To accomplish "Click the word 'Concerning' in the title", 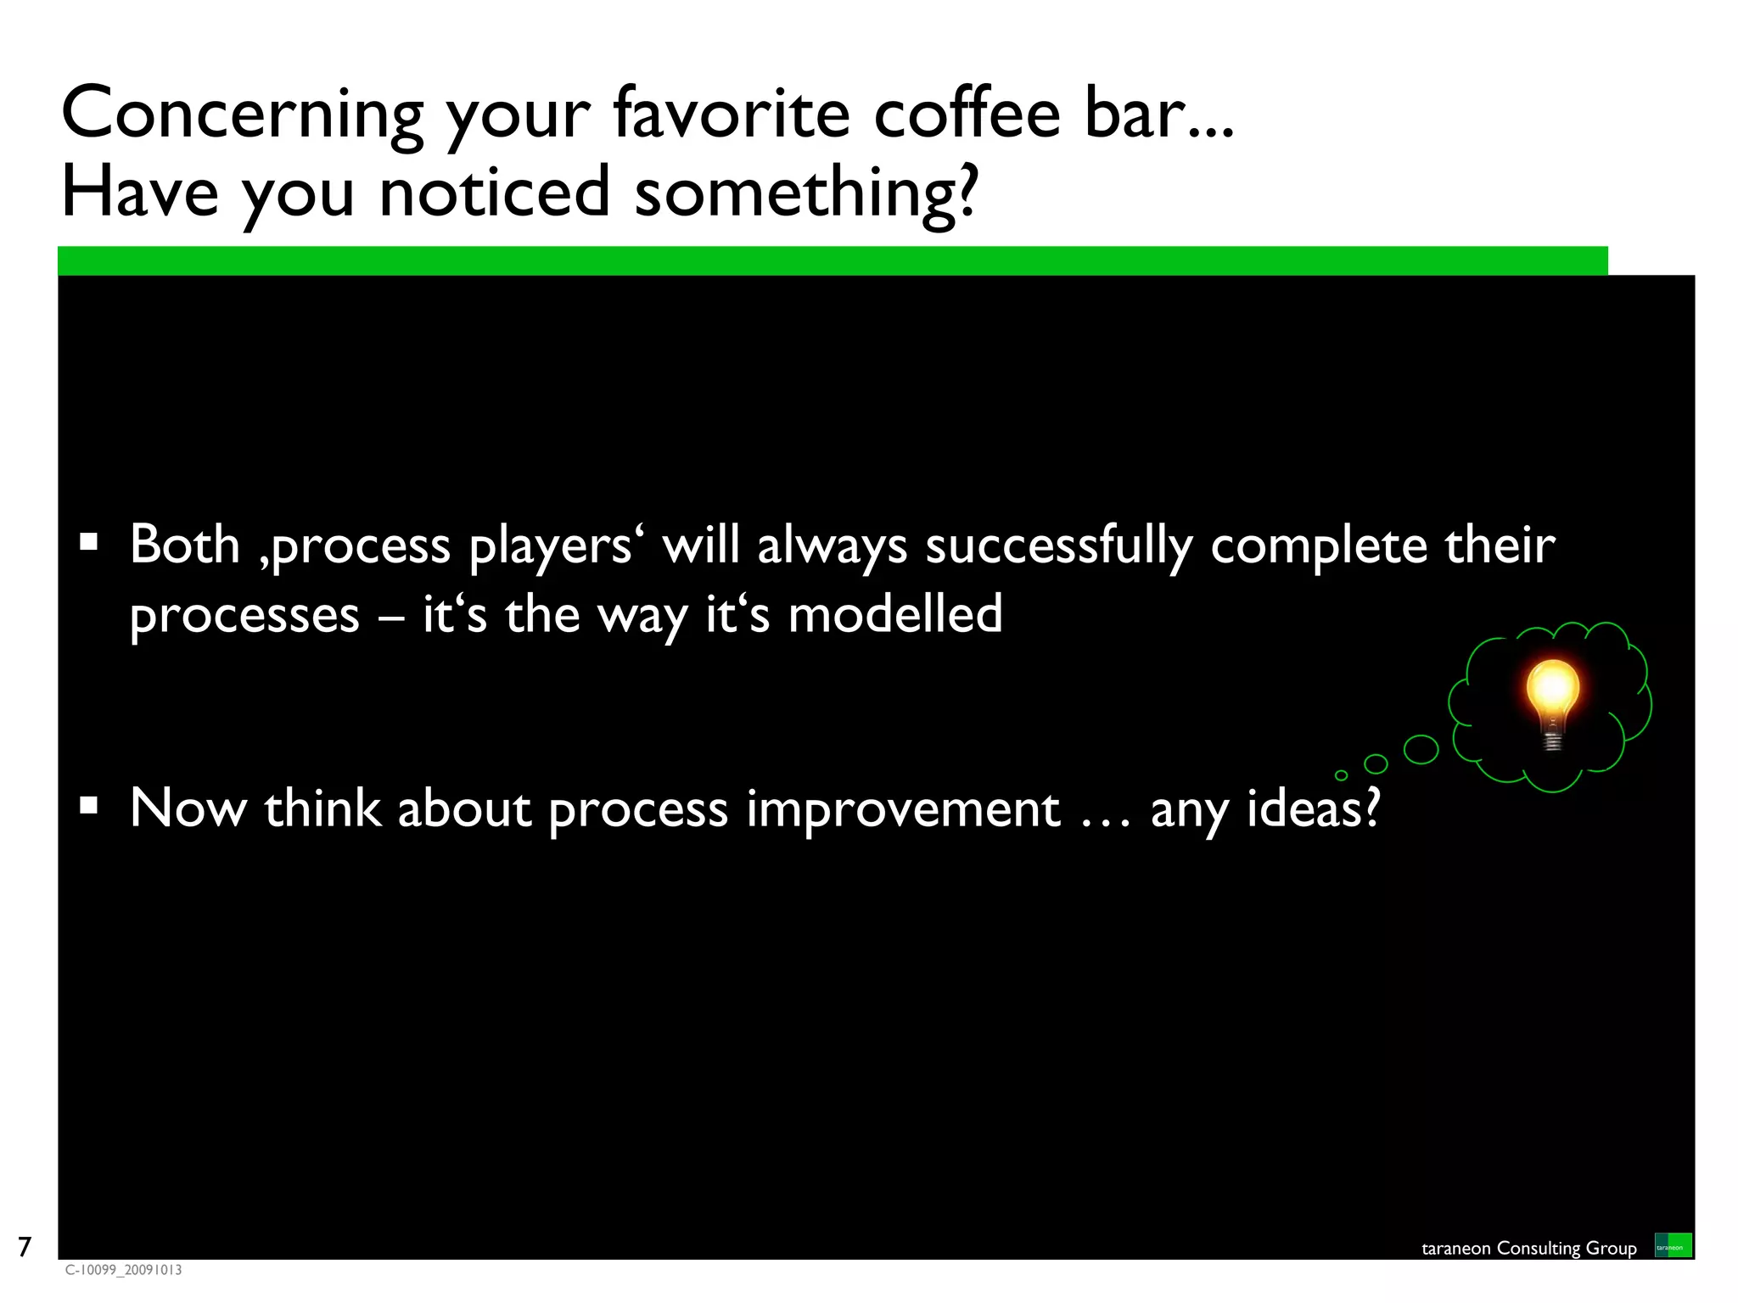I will coord(242,115).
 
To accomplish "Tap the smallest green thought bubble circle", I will coord(1341,775).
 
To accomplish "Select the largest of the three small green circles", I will coord(1421,749).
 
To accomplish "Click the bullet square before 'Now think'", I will coord(88,805).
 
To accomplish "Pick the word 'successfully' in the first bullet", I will coord(1058,545).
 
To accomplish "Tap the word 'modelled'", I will coord(894,614).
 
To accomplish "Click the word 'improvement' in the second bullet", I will coord(903,809).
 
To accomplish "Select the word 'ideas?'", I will coord(1313,808).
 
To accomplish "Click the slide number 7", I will coord(25,1246).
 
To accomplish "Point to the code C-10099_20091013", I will coord(123,1270).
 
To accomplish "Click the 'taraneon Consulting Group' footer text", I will coord(1528,1248).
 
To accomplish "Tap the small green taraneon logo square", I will coord(1673,1245).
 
